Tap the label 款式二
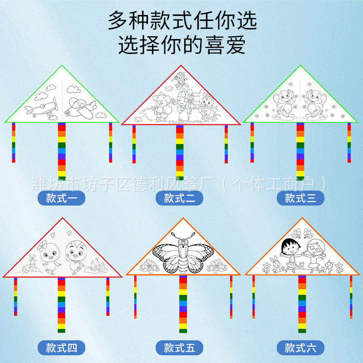coord(180,198)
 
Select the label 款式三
coord(300,198)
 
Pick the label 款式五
coord(180,348)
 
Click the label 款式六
coord(300,348)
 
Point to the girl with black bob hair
coord(289,252)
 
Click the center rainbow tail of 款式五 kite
coord(183,305)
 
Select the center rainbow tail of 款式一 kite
coord(62,151)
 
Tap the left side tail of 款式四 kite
coord(15,297)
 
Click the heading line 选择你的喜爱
coord(181,45)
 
